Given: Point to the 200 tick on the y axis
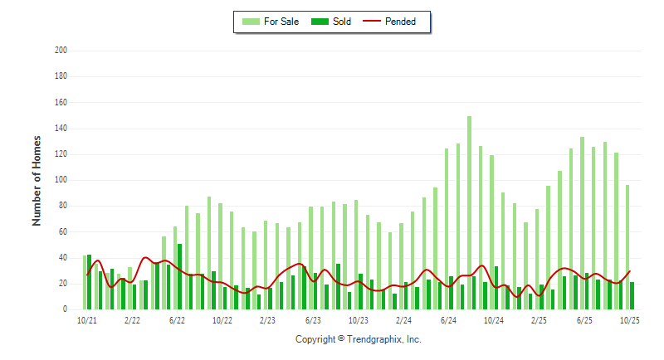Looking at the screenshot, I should pos(61,51).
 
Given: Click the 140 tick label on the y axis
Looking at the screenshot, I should pos(61,129).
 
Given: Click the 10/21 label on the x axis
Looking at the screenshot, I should pos(86,319).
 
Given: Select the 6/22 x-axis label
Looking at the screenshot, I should pos(177,319).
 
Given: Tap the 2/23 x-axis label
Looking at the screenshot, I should pos(267,319).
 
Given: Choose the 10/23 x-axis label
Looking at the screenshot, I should pos(358,319).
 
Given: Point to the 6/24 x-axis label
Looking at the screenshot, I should pos(448,319).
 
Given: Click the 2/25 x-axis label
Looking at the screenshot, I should pos(539,319).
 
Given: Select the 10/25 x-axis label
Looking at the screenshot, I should pos(629,319).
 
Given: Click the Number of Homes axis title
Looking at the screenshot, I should pos(37,180).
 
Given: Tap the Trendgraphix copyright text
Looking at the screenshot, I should pos(359,339).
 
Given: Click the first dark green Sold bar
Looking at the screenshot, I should pos(90,282).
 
